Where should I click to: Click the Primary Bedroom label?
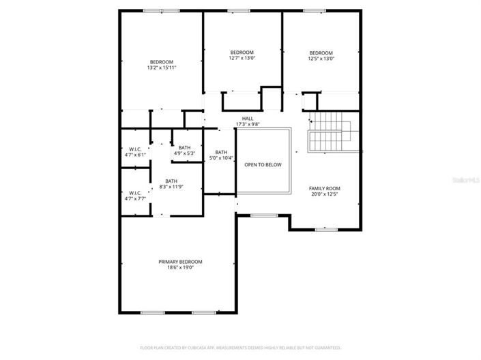click(180, 262)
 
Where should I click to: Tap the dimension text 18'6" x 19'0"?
click(180, 268)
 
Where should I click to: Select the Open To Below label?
click(263, 165)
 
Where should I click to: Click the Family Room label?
click(325, 188)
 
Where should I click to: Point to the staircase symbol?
click(330, 134)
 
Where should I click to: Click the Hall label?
click(248, 119)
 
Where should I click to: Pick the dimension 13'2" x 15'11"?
click(162, 67)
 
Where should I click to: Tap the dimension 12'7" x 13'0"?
click(242, 59)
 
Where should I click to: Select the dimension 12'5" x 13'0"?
click(321, 59)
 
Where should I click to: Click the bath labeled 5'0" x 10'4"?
click(221, 152)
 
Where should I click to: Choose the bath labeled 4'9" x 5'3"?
click(184, 147)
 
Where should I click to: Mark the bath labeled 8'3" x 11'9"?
click(171, 181)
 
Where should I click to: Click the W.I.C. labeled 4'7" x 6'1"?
click(135, 149)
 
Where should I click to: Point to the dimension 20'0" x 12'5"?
click(325, 194)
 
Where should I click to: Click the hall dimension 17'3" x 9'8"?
click(248, 124)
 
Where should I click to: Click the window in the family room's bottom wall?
click(325, 230)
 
